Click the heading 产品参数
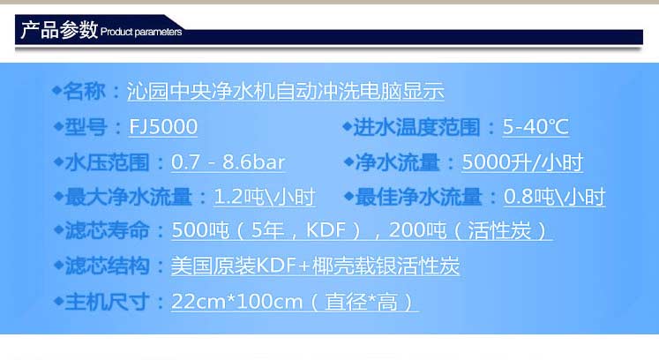pyautogui.click(x=59, y=30)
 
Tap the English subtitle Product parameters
pyautogui.click(x=141, y=32)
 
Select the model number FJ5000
pyautogui.click(x=163, y=126)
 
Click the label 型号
pyautogui.click(x=86, y=127)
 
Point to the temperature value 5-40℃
pyautogui.click(x=535, y=126)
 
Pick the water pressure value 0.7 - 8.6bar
pyautogui.click(x=228, y=162)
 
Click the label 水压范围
pyautogui.click(x=107, y=162)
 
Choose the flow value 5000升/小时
pyautogui.click(x=522, y=162)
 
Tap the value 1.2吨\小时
pyautogui.click(x=265, y=197)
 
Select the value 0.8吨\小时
pyautogui.click(x=554, y=197)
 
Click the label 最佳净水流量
pyautogui.click(x=418, y=197)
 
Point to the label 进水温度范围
pyautogui.click(x=416, y=127)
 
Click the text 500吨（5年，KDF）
pyautogui.click(x=267, y=230)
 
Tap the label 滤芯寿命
pyautogui.click(x=107, y=230)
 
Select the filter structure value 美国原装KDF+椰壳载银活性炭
pyautogui.click(x=315, y=266)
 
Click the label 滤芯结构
pyautogui.click(x=107, y=266)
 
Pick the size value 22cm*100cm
pyautogui.click(x=237, y=302)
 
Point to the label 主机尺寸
pyautogui.click(x=107, y=302)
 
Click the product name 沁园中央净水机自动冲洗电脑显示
pyautogui.click(x=285, y=91)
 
